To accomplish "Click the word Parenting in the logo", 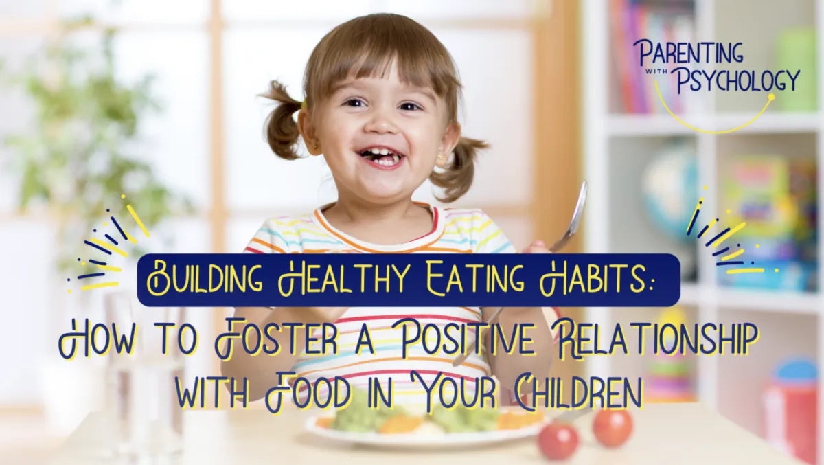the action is point(687,54).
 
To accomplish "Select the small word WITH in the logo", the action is point(661,73).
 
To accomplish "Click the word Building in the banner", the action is point(205,280).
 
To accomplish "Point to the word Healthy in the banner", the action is point(342,280).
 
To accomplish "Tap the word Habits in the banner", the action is point(593,279).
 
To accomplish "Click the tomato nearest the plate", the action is point(558,440).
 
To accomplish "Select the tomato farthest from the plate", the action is point(613,427).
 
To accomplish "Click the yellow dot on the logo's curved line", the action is point(772,97).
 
